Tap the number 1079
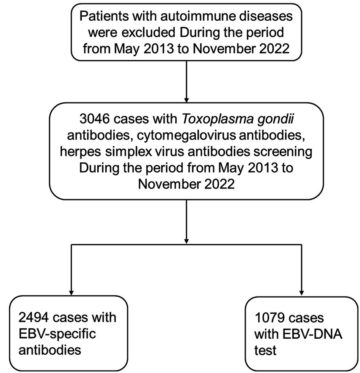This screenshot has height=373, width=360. tap(269, 318)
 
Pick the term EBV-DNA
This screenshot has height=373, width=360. tap(304, 334)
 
